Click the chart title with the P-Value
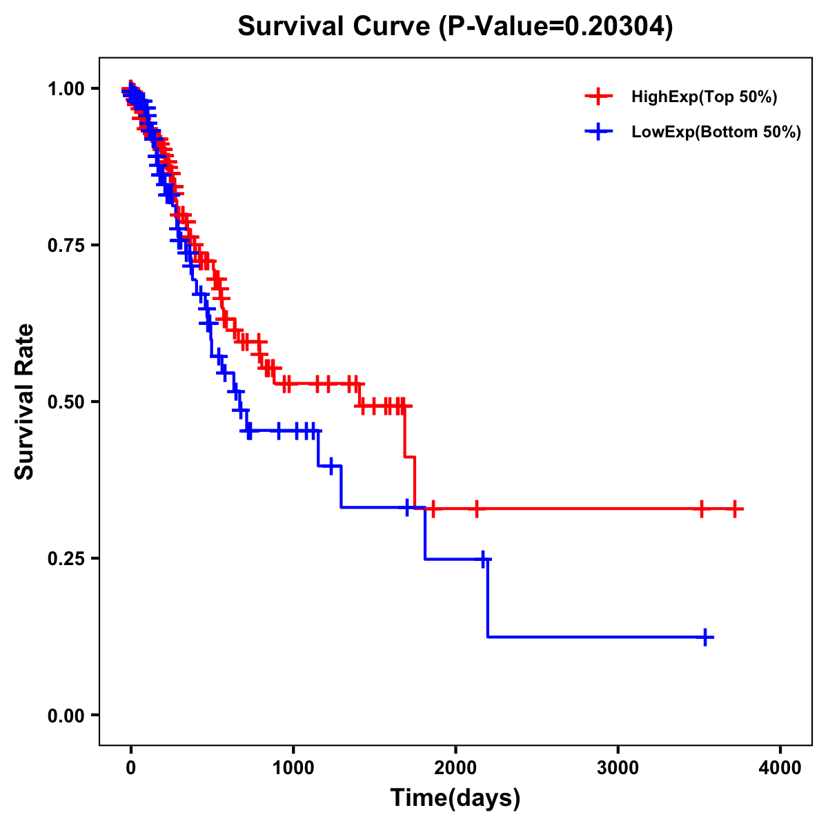point(455,27)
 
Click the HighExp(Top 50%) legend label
point(704,97)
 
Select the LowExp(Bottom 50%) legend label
point(716,132)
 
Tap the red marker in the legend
point(598,97)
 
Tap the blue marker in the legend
point(598,132)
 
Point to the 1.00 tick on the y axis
point(66,88)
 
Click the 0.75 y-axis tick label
point(66,245)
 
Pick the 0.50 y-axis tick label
point(66,402)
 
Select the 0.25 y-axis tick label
point(66,558)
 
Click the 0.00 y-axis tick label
point(66,715)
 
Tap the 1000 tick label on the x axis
point(293,768)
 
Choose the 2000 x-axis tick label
point(455,768)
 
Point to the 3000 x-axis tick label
point(618,768)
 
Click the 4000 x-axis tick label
point(780,768)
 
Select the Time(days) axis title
point(455,798)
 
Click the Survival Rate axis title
point(25,402)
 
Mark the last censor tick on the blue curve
point(706,638)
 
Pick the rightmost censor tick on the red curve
point(736,509)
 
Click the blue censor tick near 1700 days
point(407,508)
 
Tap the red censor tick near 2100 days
point(477,509)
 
